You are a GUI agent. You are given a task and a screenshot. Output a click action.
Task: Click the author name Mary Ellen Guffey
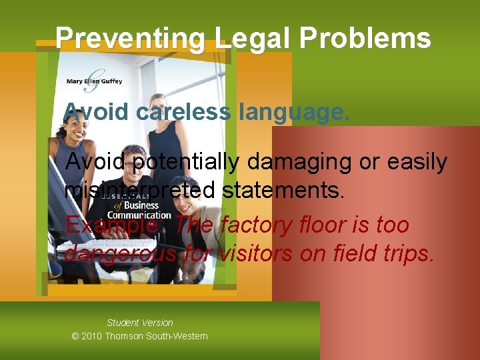[94, 81]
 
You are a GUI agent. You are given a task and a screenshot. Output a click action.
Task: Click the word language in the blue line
[293, 112]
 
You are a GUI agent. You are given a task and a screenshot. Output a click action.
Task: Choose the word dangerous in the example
[119, 254]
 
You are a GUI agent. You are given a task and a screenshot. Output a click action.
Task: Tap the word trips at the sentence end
[406, 254]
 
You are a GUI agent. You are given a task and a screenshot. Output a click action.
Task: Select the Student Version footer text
[139, 323]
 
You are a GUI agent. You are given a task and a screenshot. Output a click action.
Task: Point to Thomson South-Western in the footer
[156, 336]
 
